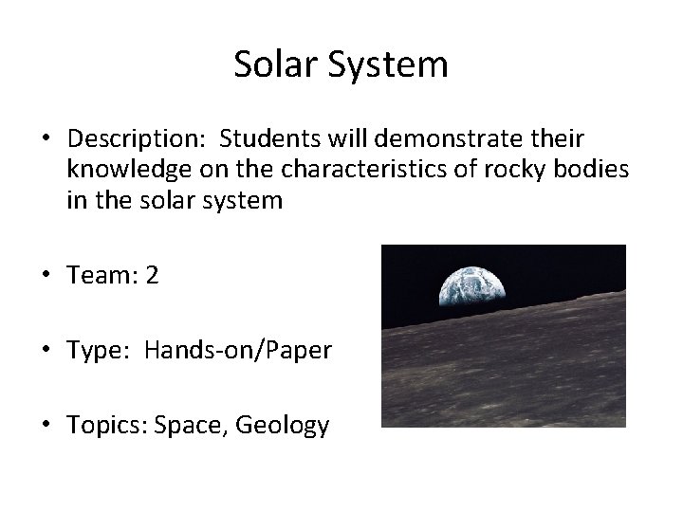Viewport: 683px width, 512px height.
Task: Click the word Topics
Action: [x=105, y=426]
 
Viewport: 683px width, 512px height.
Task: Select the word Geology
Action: [x=283, y=426]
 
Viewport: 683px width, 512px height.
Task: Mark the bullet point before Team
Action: [x=46, y=276]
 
